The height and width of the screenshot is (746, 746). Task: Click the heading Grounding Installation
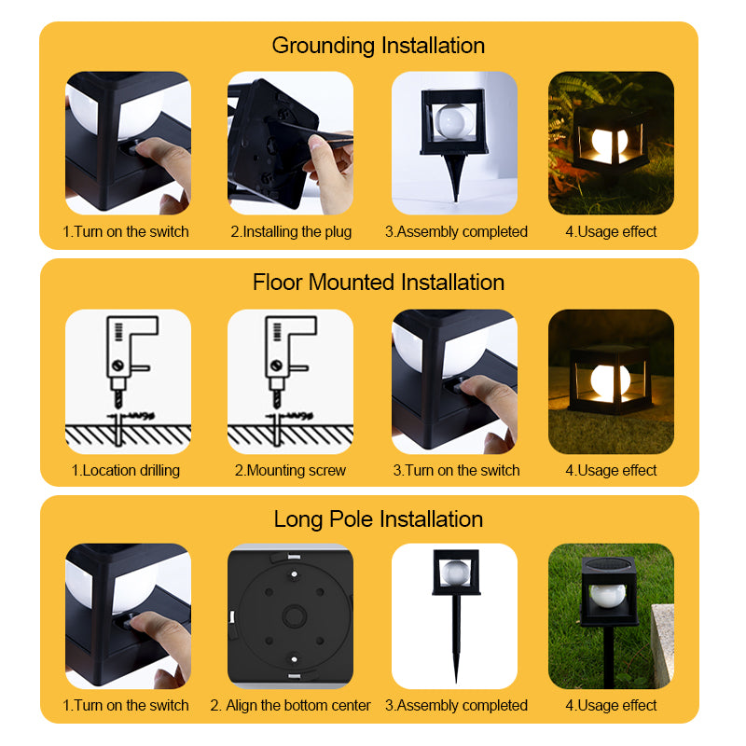(378, 45)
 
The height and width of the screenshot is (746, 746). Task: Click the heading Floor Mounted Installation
(378, 282)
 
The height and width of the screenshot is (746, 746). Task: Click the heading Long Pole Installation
(378, 518)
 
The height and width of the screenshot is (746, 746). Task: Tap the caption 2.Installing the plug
(291, 231)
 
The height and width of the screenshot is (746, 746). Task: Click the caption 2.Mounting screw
(290, 470)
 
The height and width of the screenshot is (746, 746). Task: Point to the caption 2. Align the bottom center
(290, 705)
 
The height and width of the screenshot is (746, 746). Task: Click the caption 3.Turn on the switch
(456, 470)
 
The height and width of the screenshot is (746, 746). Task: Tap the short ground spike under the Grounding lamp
(455, 179)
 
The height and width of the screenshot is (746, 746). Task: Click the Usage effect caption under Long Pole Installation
(611, 705)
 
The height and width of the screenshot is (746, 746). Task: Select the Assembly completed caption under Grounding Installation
(456, 231)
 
